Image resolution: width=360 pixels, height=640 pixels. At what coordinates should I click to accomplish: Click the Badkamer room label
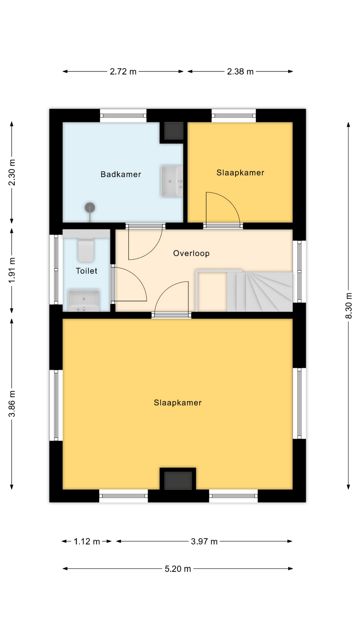121,174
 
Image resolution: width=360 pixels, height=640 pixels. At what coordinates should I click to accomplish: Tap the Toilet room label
86,271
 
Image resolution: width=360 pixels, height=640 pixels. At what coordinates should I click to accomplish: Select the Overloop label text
191,253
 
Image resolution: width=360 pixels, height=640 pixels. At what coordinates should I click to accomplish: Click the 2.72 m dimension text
123,72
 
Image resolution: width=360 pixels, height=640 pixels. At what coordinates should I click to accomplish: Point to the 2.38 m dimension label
240,72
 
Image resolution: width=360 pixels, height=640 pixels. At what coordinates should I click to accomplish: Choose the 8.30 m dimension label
349,306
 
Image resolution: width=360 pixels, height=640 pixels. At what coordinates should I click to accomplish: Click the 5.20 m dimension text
178,569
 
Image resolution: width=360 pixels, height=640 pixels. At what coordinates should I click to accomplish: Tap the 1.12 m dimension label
87,542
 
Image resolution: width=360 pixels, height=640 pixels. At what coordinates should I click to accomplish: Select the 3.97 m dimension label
204,542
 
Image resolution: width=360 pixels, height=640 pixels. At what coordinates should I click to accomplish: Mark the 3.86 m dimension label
12,404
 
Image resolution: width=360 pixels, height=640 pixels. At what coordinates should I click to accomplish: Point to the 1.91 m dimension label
12,271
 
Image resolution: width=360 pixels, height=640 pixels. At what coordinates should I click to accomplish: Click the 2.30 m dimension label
12,173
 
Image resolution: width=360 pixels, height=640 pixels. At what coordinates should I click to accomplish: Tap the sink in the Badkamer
172,181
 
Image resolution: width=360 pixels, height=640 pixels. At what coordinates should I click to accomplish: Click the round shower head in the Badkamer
90,208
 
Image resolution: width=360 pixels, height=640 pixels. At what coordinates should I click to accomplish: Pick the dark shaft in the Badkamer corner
173,131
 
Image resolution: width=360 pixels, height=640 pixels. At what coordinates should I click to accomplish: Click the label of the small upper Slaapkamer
240,173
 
